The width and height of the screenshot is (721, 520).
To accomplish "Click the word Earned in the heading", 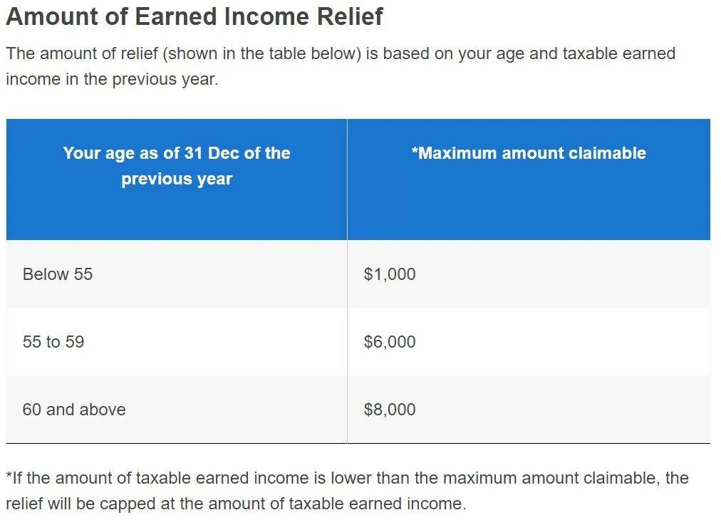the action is (x=176, y=16).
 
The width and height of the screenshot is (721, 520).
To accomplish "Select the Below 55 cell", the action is (x=58, y=274).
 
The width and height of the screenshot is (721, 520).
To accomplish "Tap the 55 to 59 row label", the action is (x=53, y=342).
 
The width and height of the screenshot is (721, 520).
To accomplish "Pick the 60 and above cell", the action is (x=74, y=409).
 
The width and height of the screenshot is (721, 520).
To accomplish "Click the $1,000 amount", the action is (x=390, y=274).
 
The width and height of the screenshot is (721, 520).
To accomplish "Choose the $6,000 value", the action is (x=390, y=342).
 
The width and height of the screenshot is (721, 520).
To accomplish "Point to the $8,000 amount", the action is (x=390, y=409).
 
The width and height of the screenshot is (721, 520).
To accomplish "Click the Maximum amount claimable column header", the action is (x=529, y=152).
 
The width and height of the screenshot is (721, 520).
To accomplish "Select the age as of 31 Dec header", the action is (x=177, y=166).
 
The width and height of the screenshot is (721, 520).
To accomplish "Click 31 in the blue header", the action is (x=194, y=152).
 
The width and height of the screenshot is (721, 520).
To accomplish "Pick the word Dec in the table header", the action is (x=224, y=152).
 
